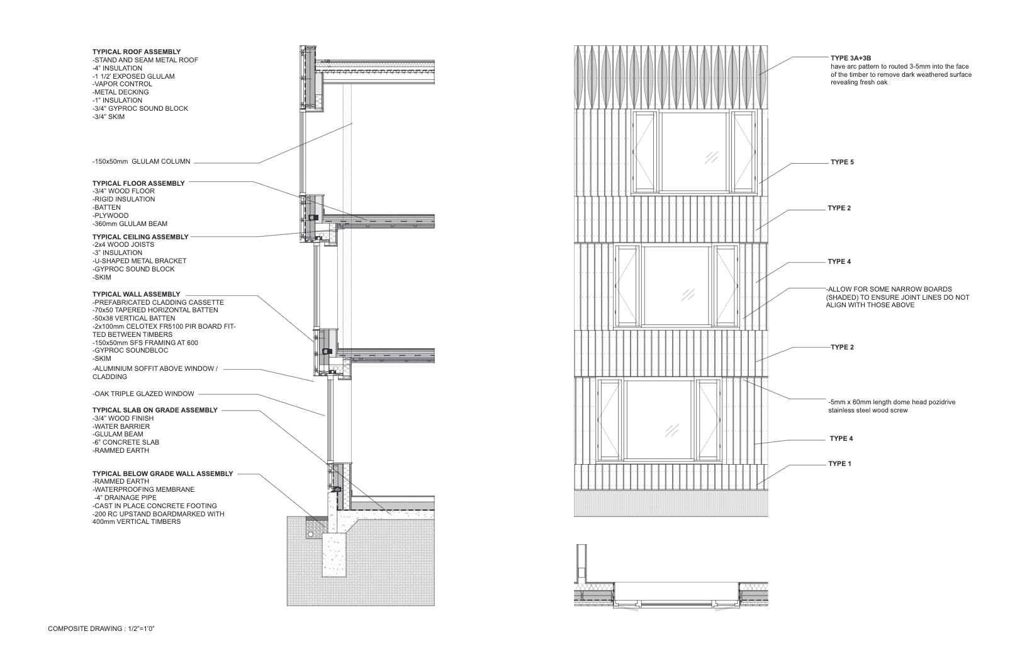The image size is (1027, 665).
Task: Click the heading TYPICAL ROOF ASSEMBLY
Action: click(x=137, y=52)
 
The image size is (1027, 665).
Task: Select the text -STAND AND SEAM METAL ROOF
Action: click(x=145, y=60)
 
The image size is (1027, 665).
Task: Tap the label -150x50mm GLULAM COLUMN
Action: click(x=141, y=162)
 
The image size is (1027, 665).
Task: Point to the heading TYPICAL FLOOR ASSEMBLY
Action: click(x=138, y=183)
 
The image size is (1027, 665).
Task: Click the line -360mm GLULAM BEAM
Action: click(x=130, y=224)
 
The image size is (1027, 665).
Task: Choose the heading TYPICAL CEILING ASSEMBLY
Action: click(x=140, y=237)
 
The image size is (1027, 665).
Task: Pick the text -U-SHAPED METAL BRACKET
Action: click(x=139, y=261)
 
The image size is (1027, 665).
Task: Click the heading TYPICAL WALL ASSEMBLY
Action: click(x=136, y=294)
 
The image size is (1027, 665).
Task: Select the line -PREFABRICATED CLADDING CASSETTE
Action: click(x=158, y=302)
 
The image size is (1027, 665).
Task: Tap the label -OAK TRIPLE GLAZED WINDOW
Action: click(x=143, y=394)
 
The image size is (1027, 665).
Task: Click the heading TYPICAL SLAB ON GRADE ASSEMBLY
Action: click(x=155, y=410)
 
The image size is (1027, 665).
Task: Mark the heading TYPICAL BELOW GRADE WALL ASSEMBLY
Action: click(x=162, y=474)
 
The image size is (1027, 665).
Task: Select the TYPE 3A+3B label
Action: click(x=851, y=58)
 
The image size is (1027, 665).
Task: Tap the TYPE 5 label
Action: click(x=842, y=162)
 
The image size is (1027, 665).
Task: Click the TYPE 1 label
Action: click(x=839, y=463)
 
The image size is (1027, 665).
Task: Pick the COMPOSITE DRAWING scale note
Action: click(x=101, y=628)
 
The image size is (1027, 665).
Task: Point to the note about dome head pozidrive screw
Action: click(x=891, y=406)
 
